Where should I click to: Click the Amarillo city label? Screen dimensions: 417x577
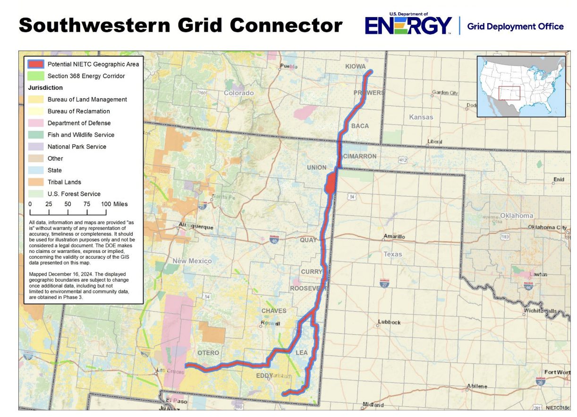(394, 236)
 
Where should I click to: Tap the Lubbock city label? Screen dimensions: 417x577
(389, 322)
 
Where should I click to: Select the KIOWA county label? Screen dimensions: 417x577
(356, 66)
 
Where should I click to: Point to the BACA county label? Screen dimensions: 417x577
(360, 126)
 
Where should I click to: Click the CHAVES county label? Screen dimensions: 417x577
(274, 311)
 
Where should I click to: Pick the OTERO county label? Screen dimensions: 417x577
(208, 353)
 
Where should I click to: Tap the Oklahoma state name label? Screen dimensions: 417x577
(517, 216)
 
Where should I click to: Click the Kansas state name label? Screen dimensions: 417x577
(421, 117)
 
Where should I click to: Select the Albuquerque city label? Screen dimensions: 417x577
(196, 226)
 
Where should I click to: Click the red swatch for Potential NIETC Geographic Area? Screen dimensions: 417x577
(36, 64)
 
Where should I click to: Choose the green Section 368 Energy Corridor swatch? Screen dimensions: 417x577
(36, 76)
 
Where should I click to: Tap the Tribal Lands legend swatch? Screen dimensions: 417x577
(36, 182)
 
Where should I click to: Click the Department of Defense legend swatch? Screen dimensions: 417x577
(36, 123)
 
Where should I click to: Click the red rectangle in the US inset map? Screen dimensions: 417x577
(509, 93)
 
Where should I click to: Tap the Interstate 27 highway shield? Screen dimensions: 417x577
(385, 283)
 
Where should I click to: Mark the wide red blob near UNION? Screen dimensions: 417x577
(331, 182)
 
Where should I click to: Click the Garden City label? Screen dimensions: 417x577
(445, 93)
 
